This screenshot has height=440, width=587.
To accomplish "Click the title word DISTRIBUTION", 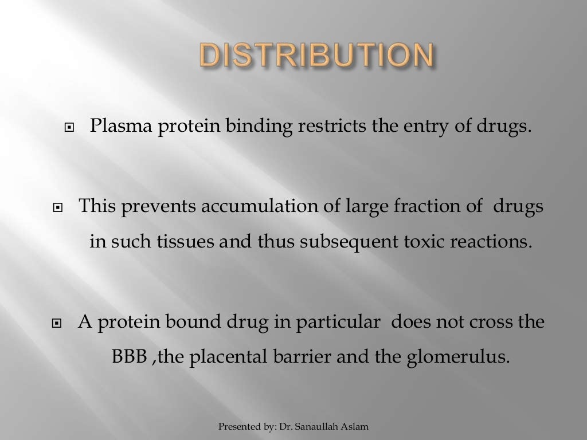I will coord(316,56).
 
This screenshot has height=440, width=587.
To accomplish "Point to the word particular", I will coord(338,322).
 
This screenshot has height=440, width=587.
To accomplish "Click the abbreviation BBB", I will coord(130,357).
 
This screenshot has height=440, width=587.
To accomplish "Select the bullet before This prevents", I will coord(57,207).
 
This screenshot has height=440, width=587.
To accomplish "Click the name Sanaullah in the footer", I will coord(321,426).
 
